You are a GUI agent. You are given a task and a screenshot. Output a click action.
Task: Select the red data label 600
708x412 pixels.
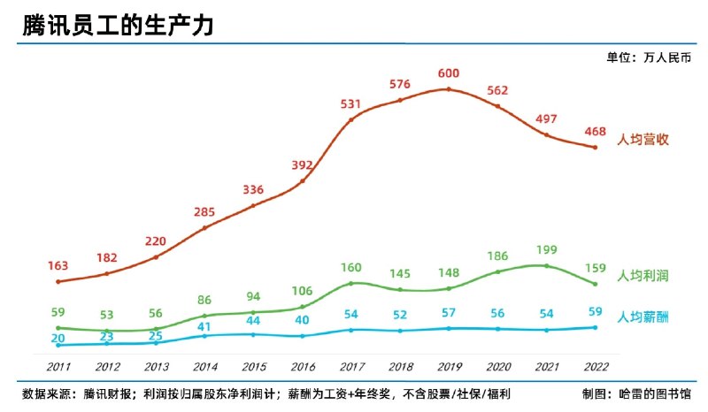[x=449, y=73]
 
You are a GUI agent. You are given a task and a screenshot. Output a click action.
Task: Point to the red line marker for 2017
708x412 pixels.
[x=351, y=119]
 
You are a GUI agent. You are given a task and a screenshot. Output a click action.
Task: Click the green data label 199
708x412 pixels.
[x=546, y=250]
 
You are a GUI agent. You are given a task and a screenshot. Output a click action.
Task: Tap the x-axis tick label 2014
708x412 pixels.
[x=205, y=366]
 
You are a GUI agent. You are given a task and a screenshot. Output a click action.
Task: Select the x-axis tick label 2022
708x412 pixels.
[x=595, y=366]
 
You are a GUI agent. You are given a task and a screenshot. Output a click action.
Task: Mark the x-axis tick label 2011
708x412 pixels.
[x=58, y=366]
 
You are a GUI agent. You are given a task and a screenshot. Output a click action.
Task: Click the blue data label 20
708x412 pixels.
[x=58, y=337]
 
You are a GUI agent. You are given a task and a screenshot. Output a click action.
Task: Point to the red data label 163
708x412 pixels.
[x=58, y=264]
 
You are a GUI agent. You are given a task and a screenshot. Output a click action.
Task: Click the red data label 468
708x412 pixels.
[x=595, y=132]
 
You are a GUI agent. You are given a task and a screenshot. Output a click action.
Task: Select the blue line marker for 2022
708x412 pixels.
[x=595, y=327]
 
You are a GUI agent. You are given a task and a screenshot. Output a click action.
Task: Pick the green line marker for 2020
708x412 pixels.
[x=497, y=271]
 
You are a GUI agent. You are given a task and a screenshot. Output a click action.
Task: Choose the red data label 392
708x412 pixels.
[x=303, y=165]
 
